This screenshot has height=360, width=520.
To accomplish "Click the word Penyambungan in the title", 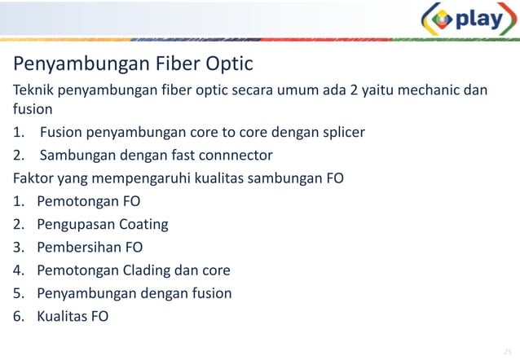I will click(68, 64).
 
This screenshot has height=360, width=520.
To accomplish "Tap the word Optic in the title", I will click(226, 64).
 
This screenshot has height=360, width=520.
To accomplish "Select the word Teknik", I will click(32, 89).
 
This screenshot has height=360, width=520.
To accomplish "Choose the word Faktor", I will click(32, 177).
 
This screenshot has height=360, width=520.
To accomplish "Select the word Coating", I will click(143, 224).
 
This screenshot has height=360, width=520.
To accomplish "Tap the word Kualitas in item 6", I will click(65, 316).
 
